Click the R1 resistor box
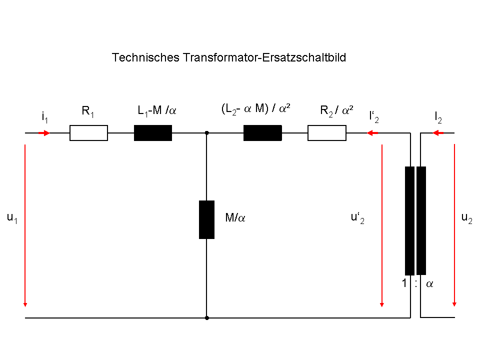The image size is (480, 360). tap(89, 133)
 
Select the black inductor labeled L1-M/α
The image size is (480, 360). tap(153, 133)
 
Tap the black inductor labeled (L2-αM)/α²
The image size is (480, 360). tap(262, 133)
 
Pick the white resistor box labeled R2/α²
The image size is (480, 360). tap(327, 133)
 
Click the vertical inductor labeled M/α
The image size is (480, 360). tap(206, 219)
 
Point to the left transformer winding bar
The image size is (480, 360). tap(409, 220)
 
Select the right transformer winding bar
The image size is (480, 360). tap(421, 220)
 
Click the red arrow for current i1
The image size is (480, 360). tap(44, 133)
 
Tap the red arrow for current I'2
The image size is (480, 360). tap(372, 133)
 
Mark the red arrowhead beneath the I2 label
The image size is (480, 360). tap(438, 133)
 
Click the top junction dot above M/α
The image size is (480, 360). tap(206, 133)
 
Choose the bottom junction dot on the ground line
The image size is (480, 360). tap(207, 318)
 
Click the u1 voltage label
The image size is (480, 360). tap(12, 218)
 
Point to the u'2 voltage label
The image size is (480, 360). tap(357, 218)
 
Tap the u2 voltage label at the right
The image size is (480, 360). tap(467, 218)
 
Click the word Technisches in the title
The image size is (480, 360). tap(145, 57)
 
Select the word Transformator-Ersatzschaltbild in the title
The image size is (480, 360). tap(264, 57)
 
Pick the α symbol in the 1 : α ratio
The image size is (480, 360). tap(429, 284)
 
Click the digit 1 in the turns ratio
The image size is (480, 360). tap(404, 283)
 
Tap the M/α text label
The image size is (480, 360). tap(235, 217)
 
